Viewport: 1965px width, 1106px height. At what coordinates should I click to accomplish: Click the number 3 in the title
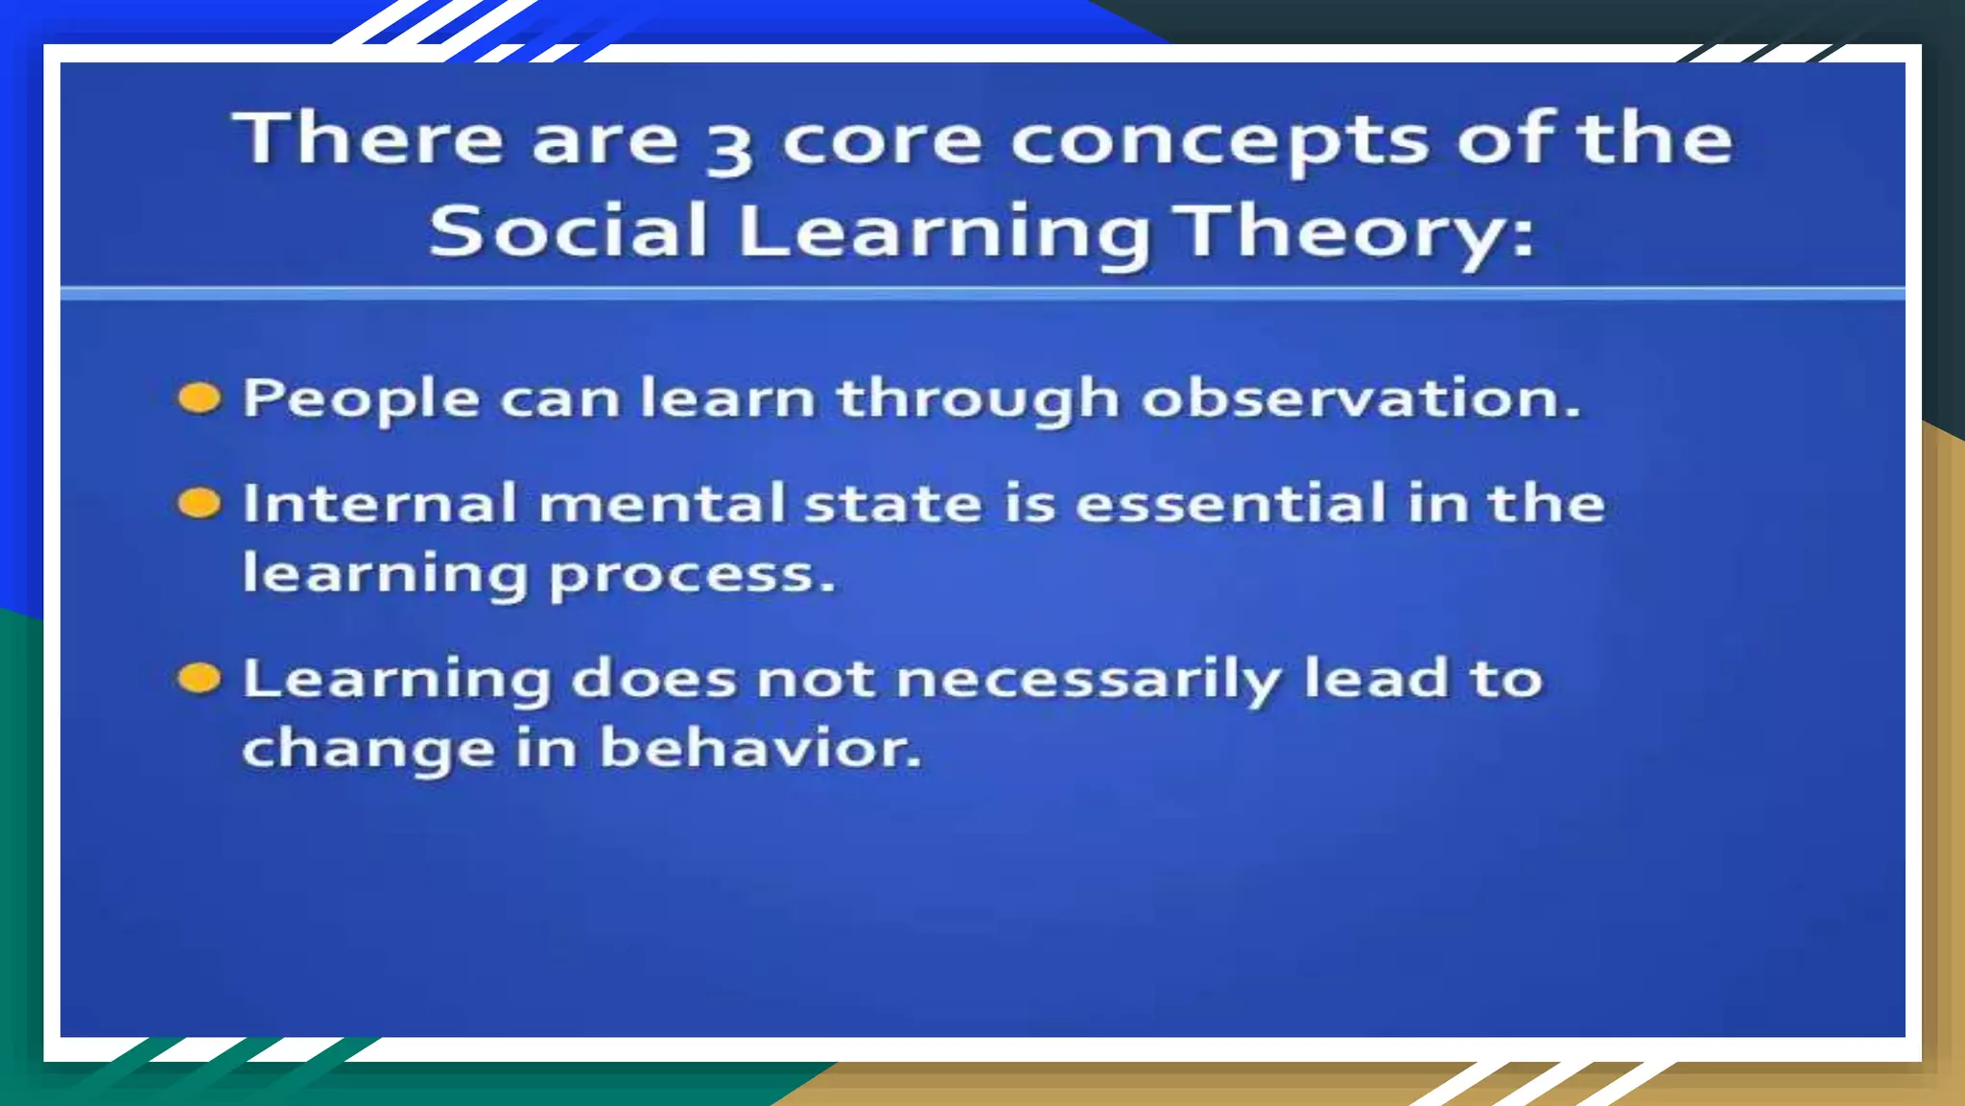[729, 147]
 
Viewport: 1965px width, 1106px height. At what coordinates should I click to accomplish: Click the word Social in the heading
[568, 231]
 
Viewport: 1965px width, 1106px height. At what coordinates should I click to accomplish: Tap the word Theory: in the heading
[1358, 233]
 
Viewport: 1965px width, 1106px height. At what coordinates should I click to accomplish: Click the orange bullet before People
[200, 397]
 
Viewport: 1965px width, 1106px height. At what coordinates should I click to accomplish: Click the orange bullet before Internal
[200, 502]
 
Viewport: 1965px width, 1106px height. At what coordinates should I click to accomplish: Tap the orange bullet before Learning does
[200, 678]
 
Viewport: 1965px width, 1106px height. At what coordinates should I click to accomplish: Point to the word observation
[1360, 397]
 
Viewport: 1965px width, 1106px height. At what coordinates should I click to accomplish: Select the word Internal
[379, 503]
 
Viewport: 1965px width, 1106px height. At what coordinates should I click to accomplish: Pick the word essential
[1231, 503]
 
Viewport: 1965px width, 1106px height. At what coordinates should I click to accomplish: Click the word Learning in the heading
[944, 233]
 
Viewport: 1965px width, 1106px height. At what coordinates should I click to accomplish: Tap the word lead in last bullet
[1375, 678]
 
